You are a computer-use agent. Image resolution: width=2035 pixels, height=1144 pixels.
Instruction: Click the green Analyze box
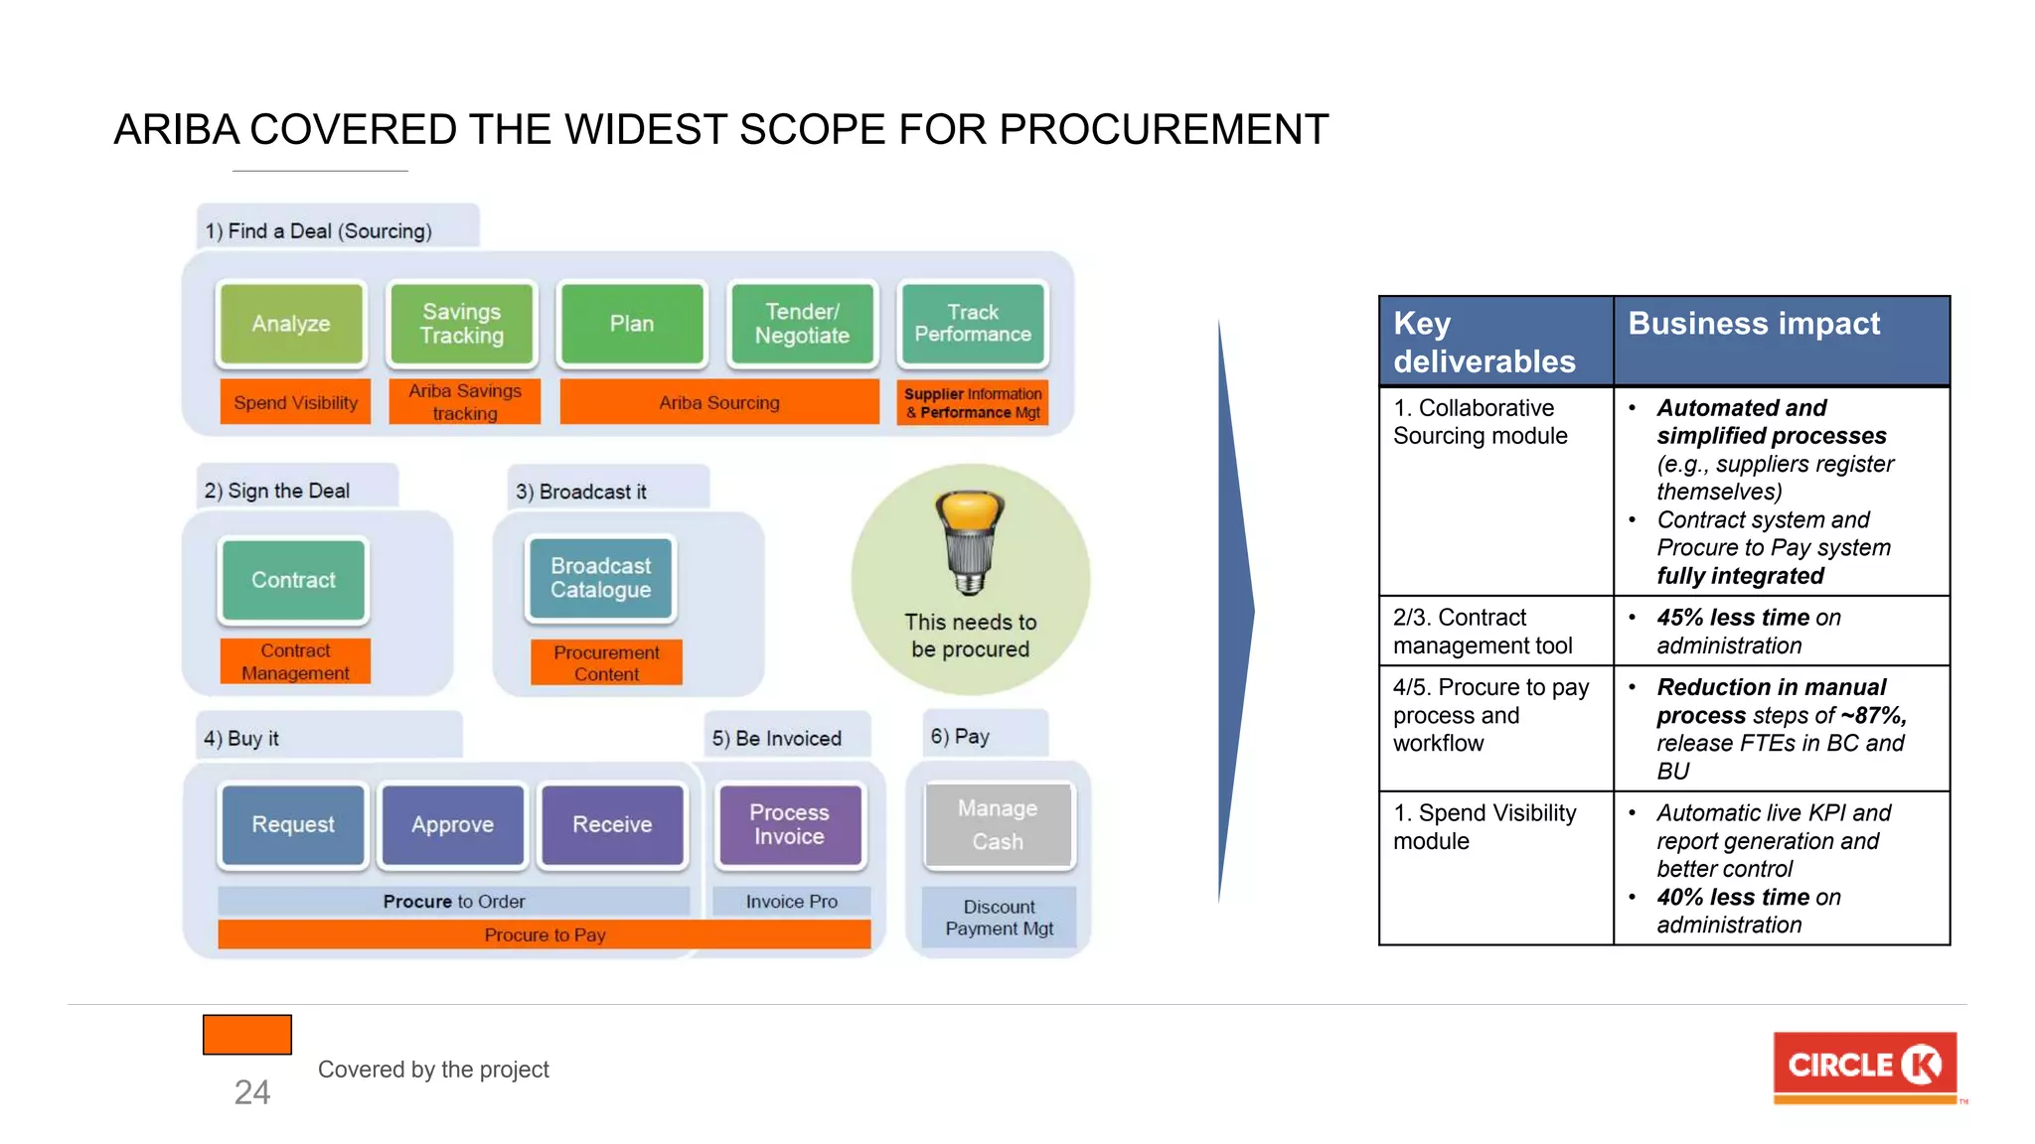[290, 324]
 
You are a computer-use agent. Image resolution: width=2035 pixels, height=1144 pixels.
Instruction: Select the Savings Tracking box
[462, 324]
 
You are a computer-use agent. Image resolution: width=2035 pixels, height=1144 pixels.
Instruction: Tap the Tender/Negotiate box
[802, 324]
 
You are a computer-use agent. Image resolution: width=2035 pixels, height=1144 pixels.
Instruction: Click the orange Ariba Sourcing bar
[719, 402]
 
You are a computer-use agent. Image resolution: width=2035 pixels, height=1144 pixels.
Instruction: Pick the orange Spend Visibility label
[295, 402]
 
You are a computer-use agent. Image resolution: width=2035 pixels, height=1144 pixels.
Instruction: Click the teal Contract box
[293, 580]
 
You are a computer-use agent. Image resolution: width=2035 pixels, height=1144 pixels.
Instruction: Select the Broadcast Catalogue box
[601, 578]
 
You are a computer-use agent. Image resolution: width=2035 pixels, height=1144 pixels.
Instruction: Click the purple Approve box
[453, 824]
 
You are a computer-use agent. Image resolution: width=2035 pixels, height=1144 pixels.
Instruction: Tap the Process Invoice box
[790, 824]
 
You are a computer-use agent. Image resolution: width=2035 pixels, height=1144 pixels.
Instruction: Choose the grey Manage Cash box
[998, 824]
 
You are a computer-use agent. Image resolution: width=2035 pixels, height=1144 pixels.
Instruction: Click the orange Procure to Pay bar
[545, 934]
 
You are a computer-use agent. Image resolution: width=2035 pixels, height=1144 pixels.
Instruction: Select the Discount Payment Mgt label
[999, 918]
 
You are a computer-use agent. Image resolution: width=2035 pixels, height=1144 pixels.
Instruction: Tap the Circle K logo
[1864, 1067]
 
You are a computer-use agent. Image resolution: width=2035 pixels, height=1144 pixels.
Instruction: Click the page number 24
[251, 1092]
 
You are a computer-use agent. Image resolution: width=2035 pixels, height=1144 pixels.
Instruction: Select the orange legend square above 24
[247, 1035]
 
